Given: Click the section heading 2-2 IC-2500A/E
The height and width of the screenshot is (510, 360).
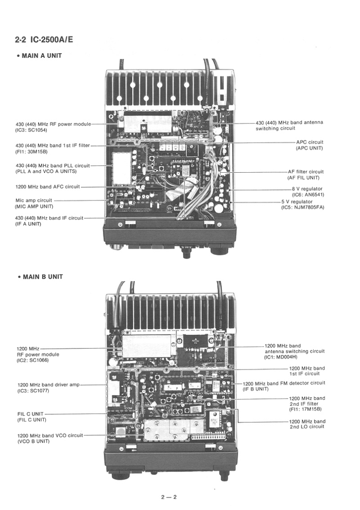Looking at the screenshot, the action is (x=44, y=40).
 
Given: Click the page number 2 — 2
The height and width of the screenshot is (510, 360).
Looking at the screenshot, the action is (x=168, y=497).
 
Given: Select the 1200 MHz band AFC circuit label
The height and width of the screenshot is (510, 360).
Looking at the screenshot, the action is (x=48, y=186).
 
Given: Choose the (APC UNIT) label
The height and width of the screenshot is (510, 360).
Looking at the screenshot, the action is (x=309, y=148).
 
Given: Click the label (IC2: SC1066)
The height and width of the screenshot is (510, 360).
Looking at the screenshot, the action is (x=33, y=360).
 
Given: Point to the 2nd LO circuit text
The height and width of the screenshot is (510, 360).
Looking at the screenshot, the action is (x=307, y=427).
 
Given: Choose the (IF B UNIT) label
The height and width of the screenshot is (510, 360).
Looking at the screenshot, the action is (x=256, y=389).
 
